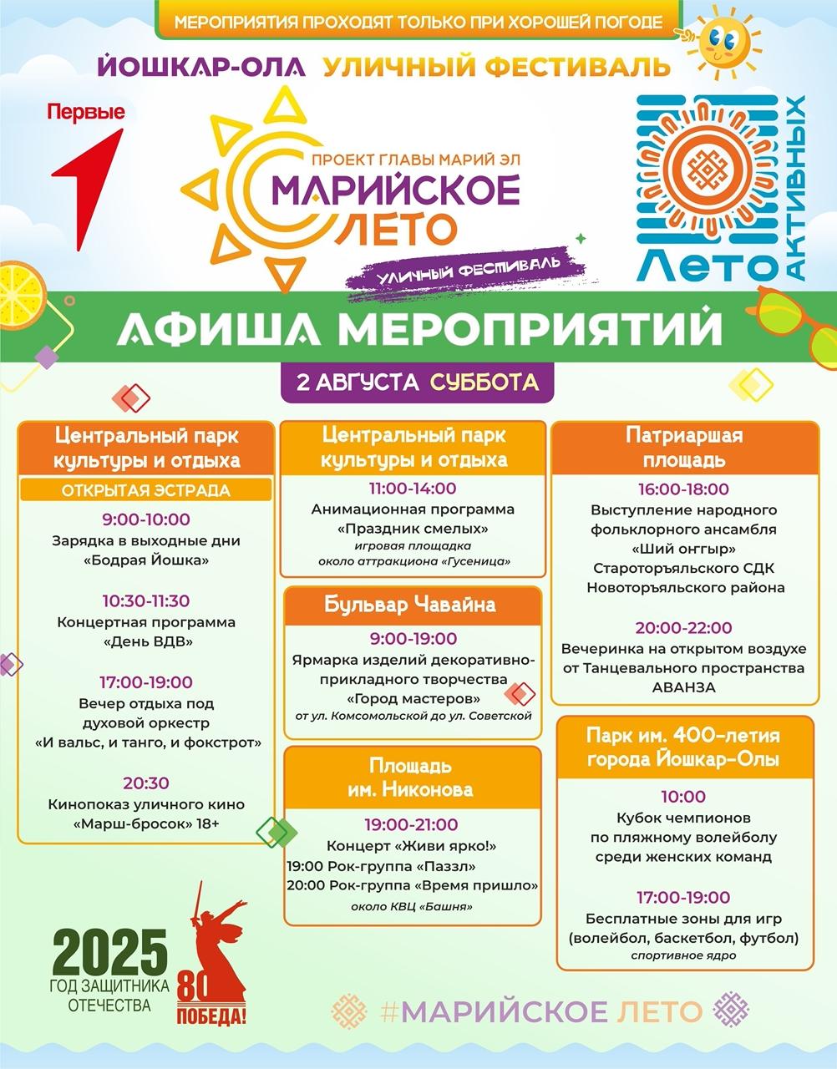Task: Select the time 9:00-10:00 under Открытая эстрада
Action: (146, 519)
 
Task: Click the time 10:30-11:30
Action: (146, 600)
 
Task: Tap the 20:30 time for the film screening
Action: (146, 783)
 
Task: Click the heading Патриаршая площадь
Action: (684, 448)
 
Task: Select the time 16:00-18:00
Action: (683, 489)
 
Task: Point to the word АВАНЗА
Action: (683, 688)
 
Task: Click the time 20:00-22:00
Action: (683, 627)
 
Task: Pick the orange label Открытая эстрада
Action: (145, 490)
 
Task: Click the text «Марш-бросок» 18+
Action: (146, 824)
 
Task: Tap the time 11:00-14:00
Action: (413, 489)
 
